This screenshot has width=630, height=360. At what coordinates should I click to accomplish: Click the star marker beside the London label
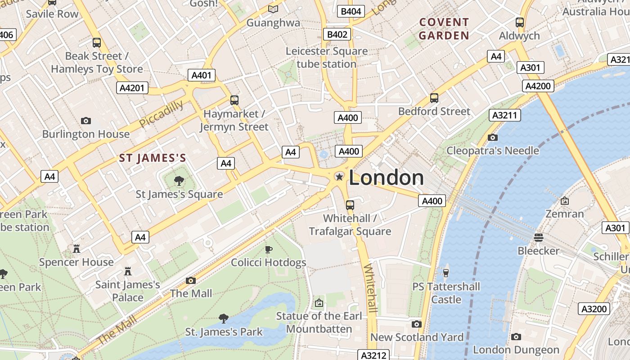(x=339, y=177)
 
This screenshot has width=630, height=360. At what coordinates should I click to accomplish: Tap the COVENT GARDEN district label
(x=444, y=29)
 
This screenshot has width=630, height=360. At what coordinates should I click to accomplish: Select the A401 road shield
(x=201, y=75)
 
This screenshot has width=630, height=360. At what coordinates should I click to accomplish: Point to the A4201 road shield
(x=132, y=88)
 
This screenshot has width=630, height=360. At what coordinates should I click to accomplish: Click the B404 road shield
(x=351, y=11)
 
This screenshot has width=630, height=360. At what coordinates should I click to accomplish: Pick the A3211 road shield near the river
(x=504, y=115)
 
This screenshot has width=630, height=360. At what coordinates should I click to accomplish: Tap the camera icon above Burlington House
(x=85, y=121)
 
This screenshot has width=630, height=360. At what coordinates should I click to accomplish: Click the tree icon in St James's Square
(x=179, y=181)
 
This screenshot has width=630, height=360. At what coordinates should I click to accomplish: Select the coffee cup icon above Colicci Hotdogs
(x=269, y=249)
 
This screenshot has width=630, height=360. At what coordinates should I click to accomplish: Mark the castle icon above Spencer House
(x=76, y=249)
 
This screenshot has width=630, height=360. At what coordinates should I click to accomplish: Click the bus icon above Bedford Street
(x=434, y=98)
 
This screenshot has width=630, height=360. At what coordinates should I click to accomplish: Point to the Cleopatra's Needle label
(x=492, y=150)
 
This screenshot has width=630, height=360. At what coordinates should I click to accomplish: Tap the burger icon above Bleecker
(x=539, y=237)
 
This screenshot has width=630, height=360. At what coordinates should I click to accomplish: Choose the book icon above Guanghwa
(x=273, y=9)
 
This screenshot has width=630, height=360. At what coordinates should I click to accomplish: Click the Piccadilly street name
(x=161, y=114)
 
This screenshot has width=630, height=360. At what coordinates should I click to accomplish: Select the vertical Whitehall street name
(x=370, y=288)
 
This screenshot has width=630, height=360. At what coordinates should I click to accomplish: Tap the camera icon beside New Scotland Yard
(x=417, y=324)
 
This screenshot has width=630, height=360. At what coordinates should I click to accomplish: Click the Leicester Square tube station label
(x=327, y=58)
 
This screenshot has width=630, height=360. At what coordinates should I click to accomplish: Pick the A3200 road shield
(x=594, y=309)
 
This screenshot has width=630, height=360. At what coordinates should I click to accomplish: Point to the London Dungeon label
(x=516, y=350)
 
